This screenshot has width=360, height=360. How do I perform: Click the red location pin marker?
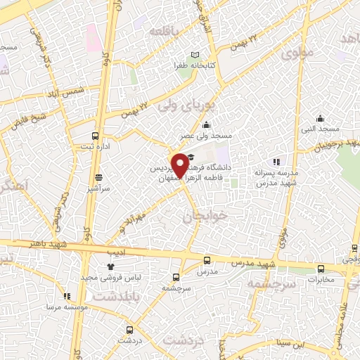180,165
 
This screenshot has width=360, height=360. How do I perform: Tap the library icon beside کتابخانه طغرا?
195,56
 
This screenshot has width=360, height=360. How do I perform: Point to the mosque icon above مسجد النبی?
321,118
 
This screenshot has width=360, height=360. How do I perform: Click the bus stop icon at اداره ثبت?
96,136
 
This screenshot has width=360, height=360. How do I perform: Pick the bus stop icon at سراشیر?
98,178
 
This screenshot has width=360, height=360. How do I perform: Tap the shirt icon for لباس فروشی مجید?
110,266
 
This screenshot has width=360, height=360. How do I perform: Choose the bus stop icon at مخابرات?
321,268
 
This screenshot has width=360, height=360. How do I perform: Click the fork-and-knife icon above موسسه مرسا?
67,297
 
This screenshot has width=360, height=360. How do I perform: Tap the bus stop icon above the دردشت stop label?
128,329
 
